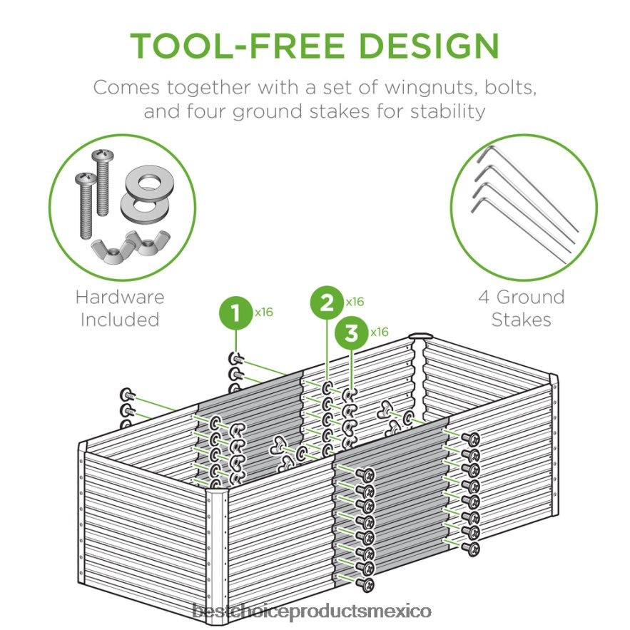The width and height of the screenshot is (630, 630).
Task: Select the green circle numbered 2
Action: coord(327,303)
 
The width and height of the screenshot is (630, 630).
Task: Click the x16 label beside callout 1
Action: coord(263,311)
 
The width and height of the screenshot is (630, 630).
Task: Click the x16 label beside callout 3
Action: coord(379,332)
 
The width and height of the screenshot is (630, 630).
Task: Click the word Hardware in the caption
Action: coord(120,297)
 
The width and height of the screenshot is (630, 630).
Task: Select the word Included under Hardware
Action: coord(120,320)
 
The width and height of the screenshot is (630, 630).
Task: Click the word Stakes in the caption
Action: coord(521,320)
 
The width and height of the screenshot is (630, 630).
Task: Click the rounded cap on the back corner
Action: coord(420,336)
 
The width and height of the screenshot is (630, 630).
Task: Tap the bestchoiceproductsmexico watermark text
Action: coord(315,611)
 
